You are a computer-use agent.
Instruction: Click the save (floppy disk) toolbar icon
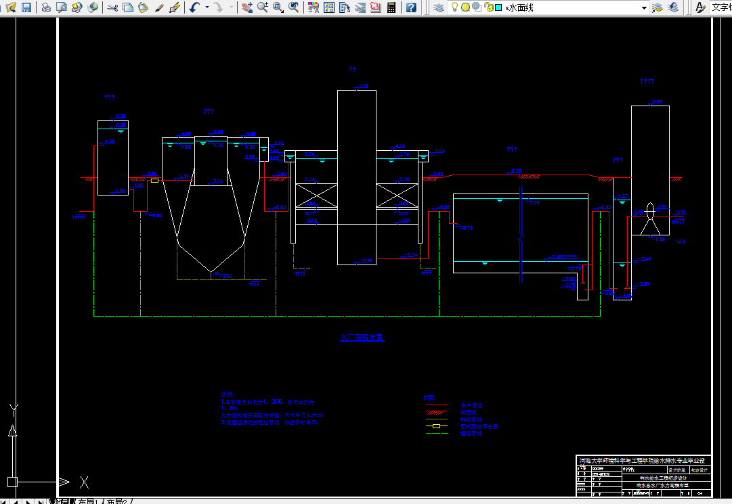pyautogui.click(x=26, y=7)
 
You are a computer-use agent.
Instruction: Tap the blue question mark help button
pyautogui.click(x=412, y=7)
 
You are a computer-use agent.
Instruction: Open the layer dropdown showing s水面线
pyautogui.click(x=576, y=7)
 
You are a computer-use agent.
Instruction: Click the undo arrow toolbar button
pyautogui.click(x=194, y=7)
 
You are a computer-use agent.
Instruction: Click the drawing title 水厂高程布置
pyautogui.click(x=361, y=338)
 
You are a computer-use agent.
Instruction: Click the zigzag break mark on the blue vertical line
pyautogui.click(x=520, y=238)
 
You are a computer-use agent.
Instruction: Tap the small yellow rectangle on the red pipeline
pyautogui.click(x=155, y=181)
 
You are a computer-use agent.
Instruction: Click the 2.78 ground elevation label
pyautogui.click(x=517, y=171)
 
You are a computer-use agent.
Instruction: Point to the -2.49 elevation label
pyautogui.click(x=644, y=259)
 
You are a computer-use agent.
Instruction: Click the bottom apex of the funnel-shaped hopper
pyautogui.click(x=211, y=272)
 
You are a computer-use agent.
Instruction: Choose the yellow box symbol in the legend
pyautogui.click(x=437, y=426)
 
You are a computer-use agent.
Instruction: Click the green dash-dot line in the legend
pyautogui.click(x=437, y=434)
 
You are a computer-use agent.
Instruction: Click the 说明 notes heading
pyautogui.click(x=226, y=394)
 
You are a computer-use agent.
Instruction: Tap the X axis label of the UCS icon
pyautogui.click(x=85, y=482)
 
